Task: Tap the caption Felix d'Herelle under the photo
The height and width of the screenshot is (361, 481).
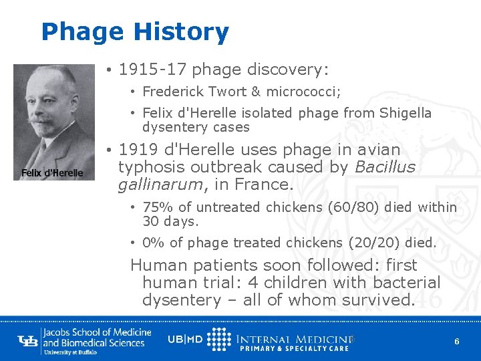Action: (52, 173)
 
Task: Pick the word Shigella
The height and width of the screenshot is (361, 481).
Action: (406, 114)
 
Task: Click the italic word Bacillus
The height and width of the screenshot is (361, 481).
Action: (385, 166)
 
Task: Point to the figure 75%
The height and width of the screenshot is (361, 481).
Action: (156, 207)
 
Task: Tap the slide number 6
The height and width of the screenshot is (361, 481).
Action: (456, 342)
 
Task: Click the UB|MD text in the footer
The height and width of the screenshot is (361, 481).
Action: (185, 338)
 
